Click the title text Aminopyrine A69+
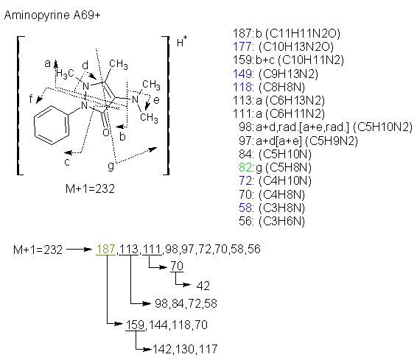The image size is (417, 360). point(52,15)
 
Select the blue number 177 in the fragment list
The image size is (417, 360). point(242,47)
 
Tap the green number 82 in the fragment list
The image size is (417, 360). point(245,167)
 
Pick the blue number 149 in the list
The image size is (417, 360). point(242,74)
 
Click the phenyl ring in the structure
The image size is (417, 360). point(51,125)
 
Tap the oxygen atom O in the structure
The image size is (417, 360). point(106,133)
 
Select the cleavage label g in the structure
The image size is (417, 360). point(111,166)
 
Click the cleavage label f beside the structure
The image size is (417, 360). point(31,99)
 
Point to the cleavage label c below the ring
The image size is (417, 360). point(67,162)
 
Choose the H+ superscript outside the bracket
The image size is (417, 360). point(182,41)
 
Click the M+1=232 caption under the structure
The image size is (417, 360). point(90,189)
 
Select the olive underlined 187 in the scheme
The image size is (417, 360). point(105,250)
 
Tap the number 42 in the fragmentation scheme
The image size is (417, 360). point(203,286)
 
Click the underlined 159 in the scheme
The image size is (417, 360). point(135,325)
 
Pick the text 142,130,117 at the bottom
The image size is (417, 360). point(185,349)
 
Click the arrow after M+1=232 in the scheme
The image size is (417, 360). point(79,250)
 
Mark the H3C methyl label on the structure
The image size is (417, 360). point(65,74)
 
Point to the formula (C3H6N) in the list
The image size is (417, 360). point(281,221)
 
